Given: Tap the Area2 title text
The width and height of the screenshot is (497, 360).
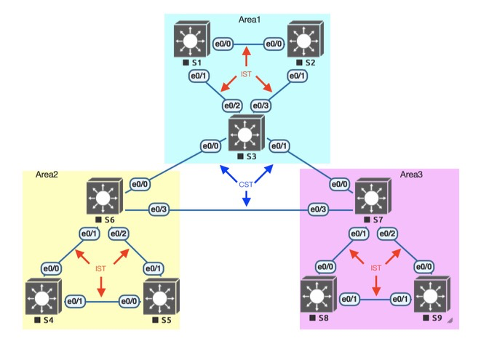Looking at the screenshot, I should pyautogui.click(x=47, y=175).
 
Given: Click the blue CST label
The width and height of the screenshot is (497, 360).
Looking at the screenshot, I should pyautogui.click(x=246, y=185).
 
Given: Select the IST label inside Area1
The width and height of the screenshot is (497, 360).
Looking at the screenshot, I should pyautogui.click(x=246, y=75).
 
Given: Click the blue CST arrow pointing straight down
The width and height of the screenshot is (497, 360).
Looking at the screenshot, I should pyautogui.click(x=246, y=198).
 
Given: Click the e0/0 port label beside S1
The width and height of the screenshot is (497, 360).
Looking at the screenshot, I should pyautogui.click(x=222, y=44).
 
